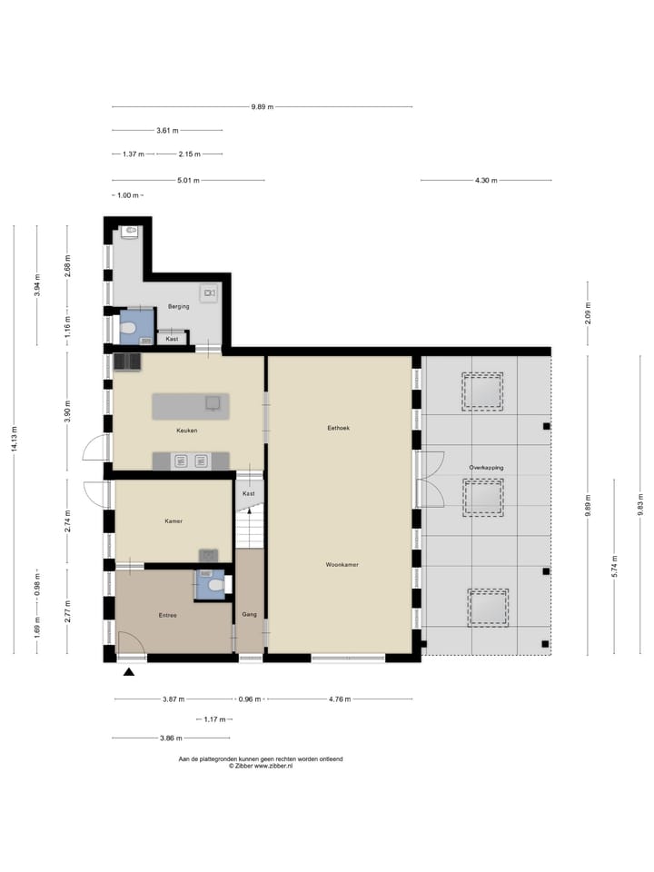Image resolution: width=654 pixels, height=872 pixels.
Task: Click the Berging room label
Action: (178, 307)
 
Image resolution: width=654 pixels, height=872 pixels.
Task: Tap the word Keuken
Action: (187, 431)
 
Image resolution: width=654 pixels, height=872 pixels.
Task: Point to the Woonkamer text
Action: (342, 565)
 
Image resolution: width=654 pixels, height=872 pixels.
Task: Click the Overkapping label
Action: (486, 468)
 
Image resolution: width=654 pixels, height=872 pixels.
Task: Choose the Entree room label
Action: (167, 616)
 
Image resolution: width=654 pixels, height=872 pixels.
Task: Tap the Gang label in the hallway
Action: (249, 614)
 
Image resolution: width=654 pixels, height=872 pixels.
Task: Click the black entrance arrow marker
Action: (129, 672)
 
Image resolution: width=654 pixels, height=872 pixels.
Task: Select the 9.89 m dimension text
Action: (262, 107)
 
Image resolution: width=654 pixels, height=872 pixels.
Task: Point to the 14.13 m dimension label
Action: (14, 438)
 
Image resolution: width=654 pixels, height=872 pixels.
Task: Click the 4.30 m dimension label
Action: (486, 181)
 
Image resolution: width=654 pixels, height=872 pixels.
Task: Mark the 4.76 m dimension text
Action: (339, 699)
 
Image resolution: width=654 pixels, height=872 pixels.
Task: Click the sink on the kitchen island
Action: (213, 402)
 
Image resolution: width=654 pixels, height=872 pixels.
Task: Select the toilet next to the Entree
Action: (214, 587)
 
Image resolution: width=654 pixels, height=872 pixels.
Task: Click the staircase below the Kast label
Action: (249, 530)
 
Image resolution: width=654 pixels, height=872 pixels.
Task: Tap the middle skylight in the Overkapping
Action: (483, 498)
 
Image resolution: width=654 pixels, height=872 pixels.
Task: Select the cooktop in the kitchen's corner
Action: (126, 362)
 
